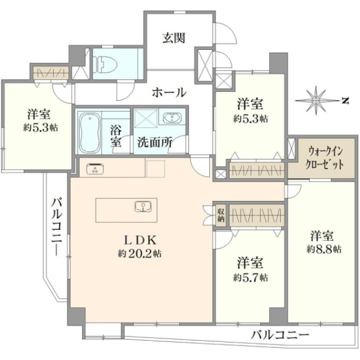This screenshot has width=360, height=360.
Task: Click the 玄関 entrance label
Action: point(174,38)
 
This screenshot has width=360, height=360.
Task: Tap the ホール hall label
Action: point(169,93)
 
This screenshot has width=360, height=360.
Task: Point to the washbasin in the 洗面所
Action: point(172,118)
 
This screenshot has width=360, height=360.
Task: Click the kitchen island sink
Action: point(143,206)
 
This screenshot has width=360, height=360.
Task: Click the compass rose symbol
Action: point(316,101)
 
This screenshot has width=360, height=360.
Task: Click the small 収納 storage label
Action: point(221,215)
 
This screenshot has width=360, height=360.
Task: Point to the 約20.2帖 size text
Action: point(140,254)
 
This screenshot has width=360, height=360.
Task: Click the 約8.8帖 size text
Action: point(323,249)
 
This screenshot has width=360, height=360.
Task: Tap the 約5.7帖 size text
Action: point(250,278)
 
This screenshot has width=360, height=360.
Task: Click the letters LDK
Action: point(140,240)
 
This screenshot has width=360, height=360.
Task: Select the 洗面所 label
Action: point(155,142)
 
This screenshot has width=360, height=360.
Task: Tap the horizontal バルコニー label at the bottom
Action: point(280,335)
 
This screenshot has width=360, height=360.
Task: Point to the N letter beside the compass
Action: point(345,100)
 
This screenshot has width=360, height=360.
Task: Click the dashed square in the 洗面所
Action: point(146,117)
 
